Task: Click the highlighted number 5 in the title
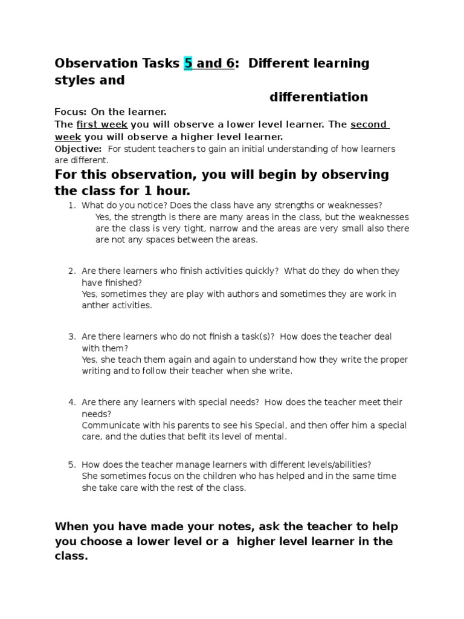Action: tap(188, 63)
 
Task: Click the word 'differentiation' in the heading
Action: tap(318, 97)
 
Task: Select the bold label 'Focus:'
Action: tap(71, 112)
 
